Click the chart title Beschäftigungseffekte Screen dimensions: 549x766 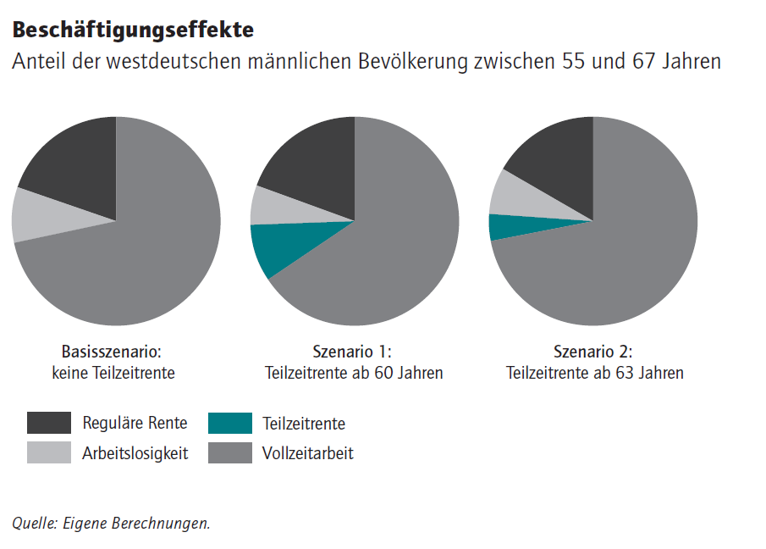[x=133, y=30]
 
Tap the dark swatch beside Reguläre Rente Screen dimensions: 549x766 [x=48, y=423]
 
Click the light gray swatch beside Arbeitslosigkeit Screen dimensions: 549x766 [x=48, y=453]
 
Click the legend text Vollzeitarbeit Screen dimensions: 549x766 [x=308, y=453]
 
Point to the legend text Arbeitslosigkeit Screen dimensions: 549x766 [x=135, y=453]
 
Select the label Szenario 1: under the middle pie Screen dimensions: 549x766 [x=353, y=352]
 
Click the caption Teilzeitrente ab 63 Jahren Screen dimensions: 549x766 [x=594, y=373]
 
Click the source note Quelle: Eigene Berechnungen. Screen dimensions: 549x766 [x=111, y=524]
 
